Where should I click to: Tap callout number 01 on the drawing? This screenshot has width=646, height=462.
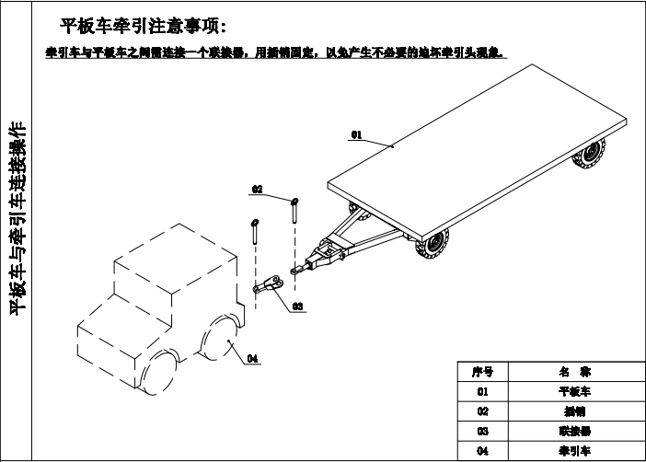tap(356, 134)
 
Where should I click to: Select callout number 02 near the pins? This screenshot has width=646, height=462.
tap(259, 189)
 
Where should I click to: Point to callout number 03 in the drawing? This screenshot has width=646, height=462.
tap(297, 305)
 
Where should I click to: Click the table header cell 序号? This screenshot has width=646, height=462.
tap(482, 372)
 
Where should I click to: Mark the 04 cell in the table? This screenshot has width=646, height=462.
tap(482, 451)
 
